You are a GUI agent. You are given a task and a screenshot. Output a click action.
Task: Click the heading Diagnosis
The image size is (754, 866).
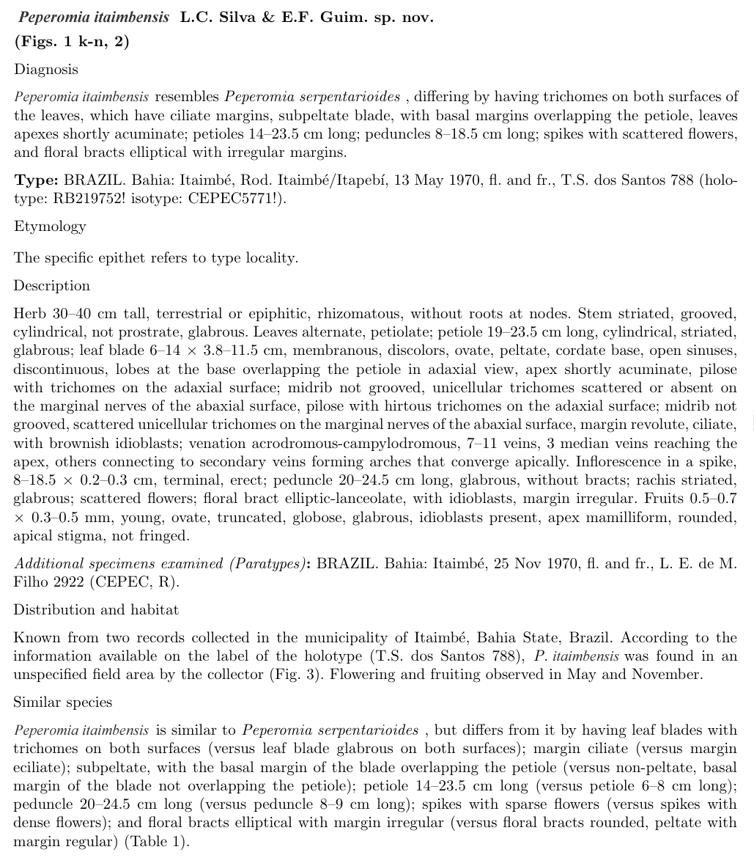point(45,69)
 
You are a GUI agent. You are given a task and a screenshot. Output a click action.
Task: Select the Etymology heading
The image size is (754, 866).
point(50,226)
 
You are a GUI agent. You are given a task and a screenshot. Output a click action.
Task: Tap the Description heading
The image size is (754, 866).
point(52,286)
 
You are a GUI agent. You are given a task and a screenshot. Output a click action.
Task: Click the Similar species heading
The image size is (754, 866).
point(63,702)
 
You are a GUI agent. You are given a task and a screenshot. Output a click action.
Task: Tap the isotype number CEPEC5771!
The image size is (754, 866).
point(238,199)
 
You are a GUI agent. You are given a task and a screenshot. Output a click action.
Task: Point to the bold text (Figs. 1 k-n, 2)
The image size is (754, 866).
point(72,42)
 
